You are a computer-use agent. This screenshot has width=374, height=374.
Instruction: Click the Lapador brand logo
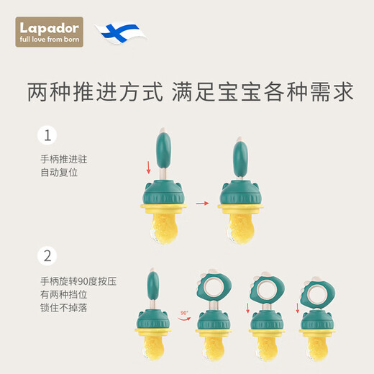[50, 32]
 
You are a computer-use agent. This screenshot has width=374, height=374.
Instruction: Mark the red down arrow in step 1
[148, 168]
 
